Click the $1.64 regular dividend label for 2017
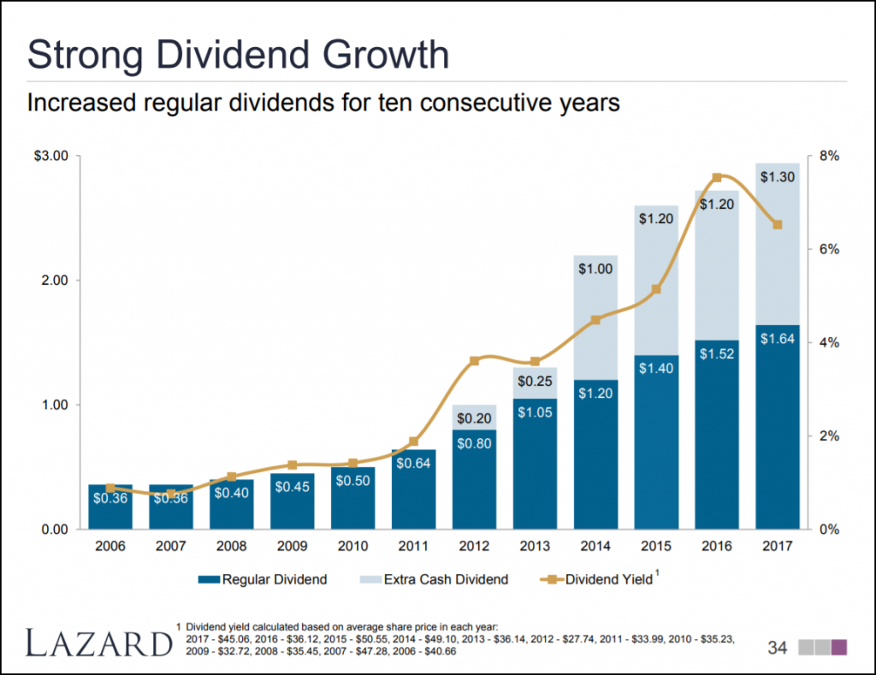777,339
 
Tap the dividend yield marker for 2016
717,177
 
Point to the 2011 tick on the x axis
413,544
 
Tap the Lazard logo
98,642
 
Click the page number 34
777,648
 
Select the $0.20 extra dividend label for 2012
474,418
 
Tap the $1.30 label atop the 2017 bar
777,177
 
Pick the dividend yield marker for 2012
475,360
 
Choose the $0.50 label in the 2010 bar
352,481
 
